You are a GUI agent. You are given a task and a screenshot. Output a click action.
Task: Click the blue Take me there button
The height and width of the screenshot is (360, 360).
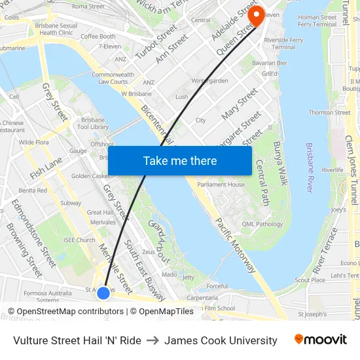pos(180,161)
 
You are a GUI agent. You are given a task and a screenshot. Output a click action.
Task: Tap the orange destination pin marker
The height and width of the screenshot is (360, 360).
pos(256,16)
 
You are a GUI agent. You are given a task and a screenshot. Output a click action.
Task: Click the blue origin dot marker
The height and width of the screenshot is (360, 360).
pos(103,293)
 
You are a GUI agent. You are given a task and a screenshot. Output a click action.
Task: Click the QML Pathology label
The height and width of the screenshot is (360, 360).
pos(261,224)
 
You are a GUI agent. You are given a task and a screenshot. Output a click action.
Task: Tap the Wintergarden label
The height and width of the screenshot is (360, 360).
pos(209,81)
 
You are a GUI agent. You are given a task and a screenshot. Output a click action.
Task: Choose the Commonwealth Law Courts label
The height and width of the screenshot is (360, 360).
pos(113,78)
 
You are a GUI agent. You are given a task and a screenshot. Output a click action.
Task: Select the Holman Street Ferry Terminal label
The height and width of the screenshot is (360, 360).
pos(317,21)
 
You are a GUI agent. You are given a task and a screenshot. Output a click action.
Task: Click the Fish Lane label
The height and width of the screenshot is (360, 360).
pos(46,165)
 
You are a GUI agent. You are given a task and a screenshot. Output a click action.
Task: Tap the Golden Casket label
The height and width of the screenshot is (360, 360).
pos(90,176)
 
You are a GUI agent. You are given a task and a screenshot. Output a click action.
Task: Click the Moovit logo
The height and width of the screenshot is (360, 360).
pos(320,340)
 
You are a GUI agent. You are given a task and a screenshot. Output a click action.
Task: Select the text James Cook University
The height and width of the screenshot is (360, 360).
pos(221,340)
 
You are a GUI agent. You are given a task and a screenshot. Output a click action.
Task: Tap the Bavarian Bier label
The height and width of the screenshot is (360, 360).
pos(274,63)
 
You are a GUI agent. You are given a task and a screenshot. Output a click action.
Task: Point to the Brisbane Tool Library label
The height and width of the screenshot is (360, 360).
pos(92,123)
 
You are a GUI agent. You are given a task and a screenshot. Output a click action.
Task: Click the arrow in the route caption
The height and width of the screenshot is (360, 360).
pos(153,340)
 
